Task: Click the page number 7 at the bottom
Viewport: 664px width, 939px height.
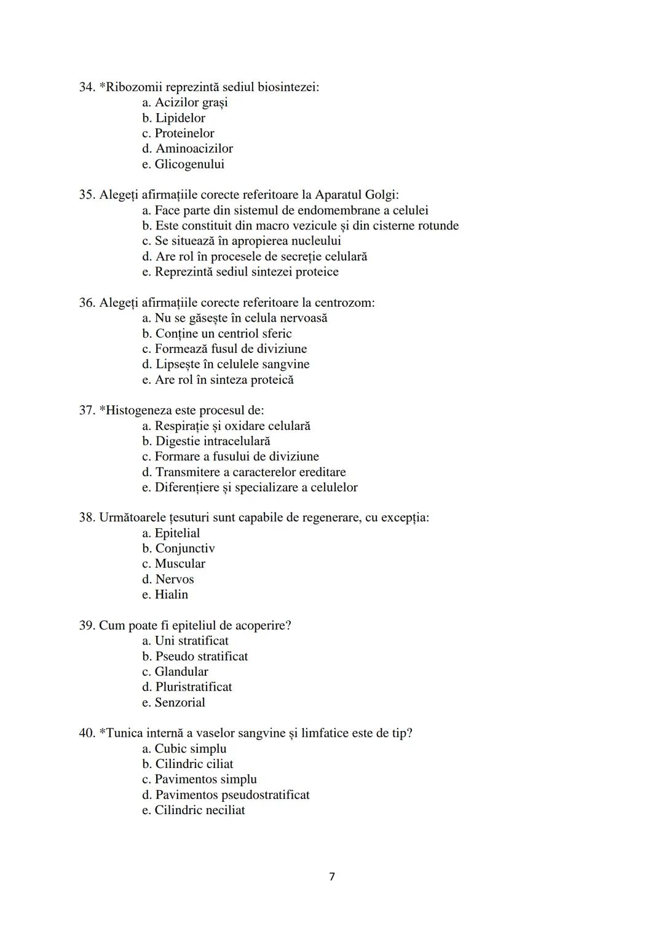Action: (332, 876)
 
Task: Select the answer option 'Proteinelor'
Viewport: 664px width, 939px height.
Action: (184, 133)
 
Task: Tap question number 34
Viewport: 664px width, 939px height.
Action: (86, 87)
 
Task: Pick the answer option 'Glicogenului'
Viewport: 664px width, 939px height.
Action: (189, 164)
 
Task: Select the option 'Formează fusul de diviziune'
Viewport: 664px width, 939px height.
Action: (230, 349)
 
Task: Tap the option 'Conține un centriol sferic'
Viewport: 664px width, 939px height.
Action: (223, 333)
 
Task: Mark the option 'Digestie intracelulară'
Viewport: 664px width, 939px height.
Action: (212, 441)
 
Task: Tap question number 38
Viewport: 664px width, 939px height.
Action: (86, 517)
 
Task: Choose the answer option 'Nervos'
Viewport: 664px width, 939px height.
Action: (174, 579)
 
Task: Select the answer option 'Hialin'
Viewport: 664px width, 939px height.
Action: (171, 595)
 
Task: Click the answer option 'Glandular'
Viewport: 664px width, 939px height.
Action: (181, 672)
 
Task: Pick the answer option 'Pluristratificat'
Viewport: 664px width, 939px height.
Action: (193, 687)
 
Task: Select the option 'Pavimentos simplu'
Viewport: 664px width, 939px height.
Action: (205, 779)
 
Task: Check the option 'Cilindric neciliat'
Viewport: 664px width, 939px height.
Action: (199, 810)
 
